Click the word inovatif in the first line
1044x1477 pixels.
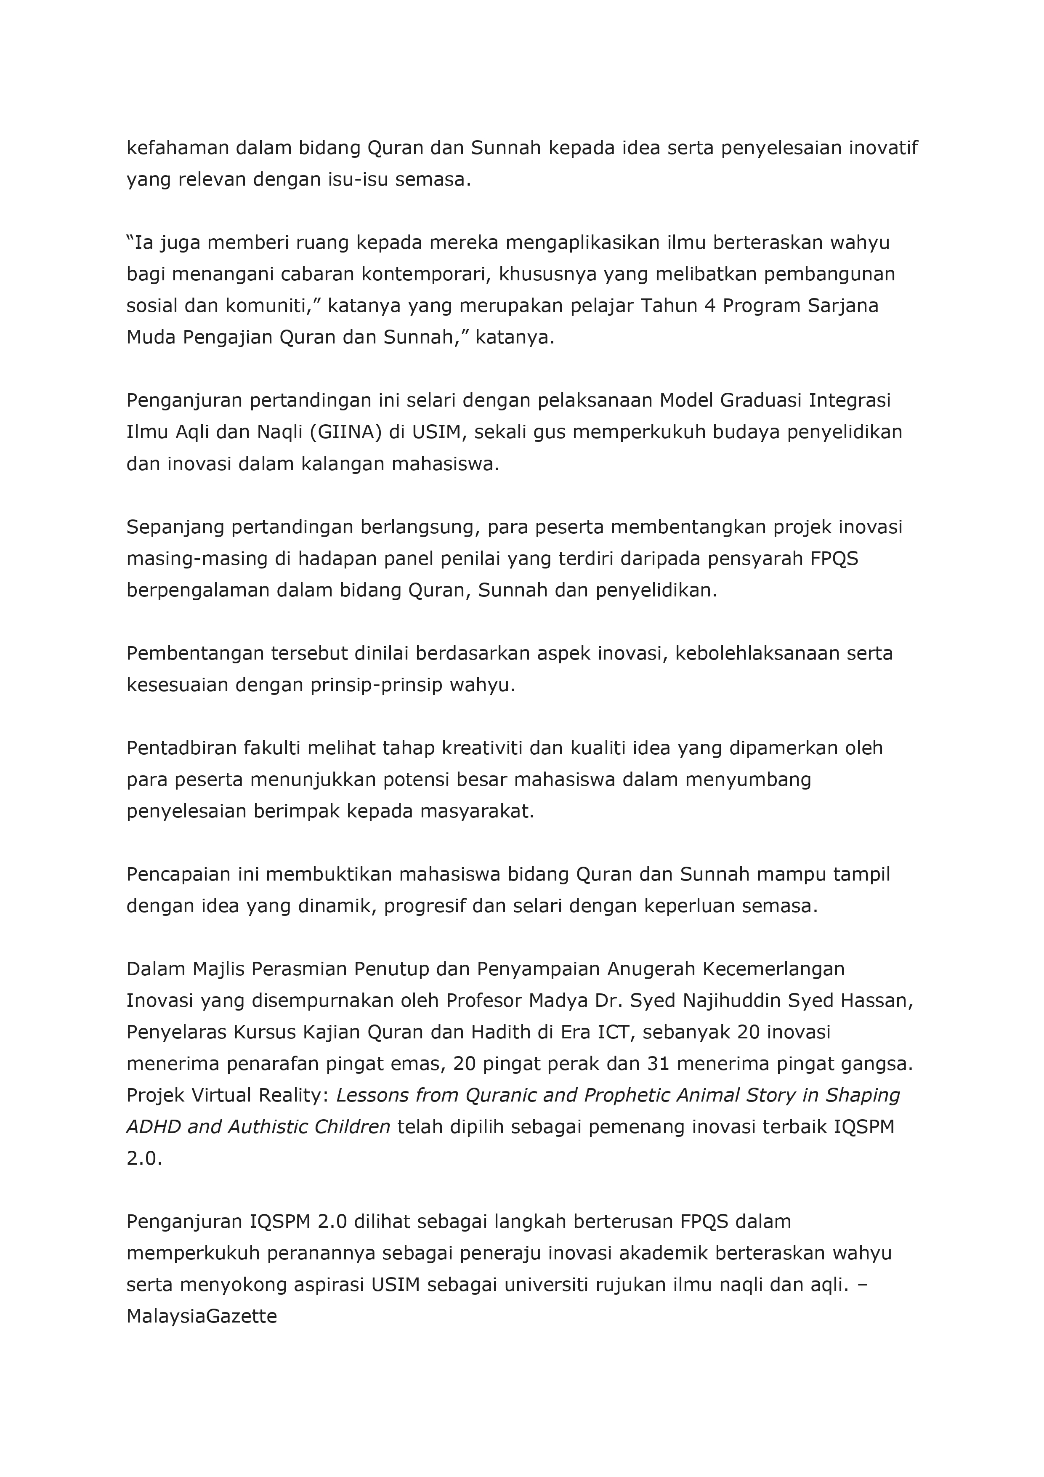pos(882,148)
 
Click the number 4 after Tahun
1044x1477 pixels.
pos(709,306)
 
